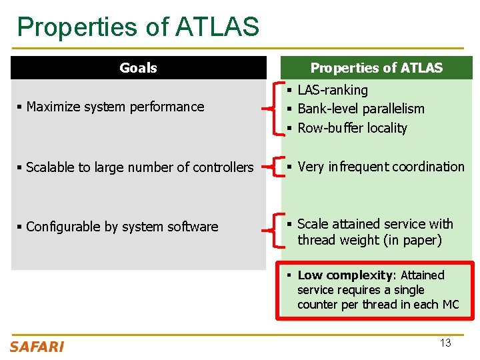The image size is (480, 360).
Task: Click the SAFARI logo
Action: (x=37, y=347)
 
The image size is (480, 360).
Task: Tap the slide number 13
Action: (x=445, y=343)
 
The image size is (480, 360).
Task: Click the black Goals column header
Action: (x=138, y=68)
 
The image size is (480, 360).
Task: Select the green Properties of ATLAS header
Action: (x=376, y=68)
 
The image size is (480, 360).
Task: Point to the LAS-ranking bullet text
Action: (x=332, y=90)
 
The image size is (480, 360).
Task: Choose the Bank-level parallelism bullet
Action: (x=361, y=109)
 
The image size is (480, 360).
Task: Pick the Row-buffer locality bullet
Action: (x=352, y=128)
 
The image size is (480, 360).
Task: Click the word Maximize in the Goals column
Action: (x=53, y=107)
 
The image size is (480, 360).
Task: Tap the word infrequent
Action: (x=357, y=167)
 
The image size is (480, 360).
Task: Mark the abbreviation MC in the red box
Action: (x=450, y=305)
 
